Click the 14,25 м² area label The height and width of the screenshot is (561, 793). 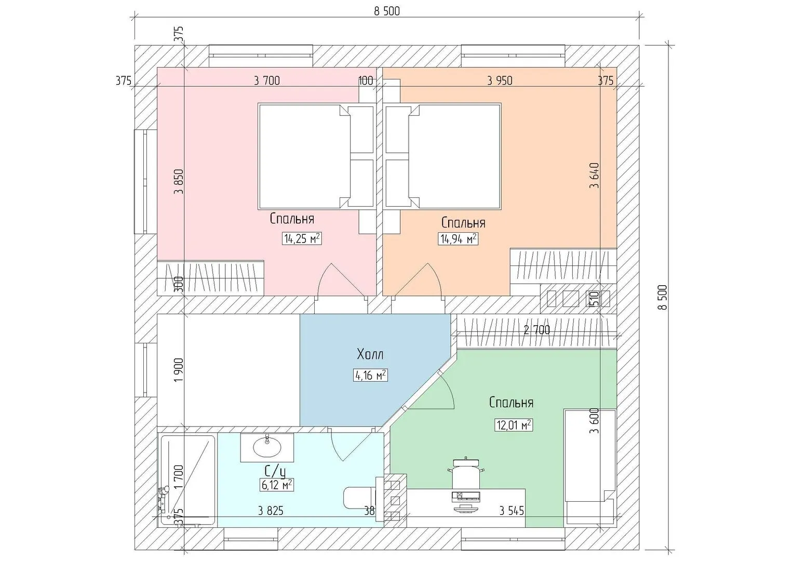pyautogui.click(x=302, y=239)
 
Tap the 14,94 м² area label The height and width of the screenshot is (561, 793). pyautogui.click(x=458, y=239)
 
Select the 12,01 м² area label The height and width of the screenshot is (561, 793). pyautogui.click(x=514, y=425)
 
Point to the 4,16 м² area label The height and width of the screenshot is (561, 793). pyautogui.click(x=370, y=375)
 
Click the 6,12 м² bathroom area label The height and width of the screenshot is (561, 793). pyautogui.click(x=276, y=485)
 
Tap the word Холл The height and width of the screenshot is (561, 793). pyautogui.click(x=370, y=354)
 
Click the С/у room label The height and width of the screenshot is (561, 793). pyautogui.click(x=275, y=472)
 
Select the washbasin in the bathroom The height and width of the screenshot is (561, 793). pyautogui.click(x=267, y=447)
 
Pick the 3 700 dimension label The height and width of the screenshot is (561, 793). pyautogui.click(x=267, y=81)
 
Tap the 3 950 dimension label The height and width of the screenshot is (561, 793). pyautogui.click(x=500, y=81)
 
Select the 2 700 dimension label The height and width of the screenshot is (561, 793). pyautogui.click(x=536, y=330)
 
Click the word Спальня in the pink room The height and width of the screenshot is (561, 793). pyautogui.click(x=292, y=219)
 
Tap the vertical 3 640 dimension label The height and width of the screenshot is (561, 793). pyautogui.click(x=595, y=175)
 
